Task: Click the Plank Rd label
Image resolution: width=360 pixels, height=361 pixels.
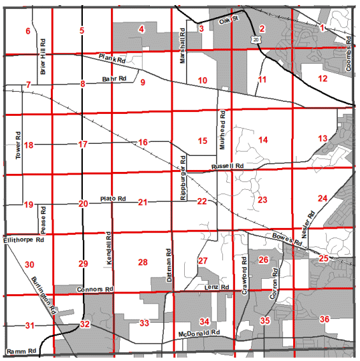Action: tap(112, 59)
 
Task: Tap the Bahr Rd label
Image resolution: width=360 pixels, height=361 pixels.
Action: tap(115, 80)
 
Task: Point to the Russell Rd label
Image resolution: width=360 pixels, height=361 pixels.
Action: tap(230, 166)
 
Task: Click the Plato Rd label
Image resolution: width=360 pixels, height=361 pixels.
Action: tap(113, 199)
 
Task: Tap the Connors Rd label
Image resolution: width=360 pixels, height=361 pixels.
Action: tap(94, 290)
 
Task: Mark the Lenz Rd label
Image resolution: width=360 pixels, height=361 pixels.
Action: tap(217, 288)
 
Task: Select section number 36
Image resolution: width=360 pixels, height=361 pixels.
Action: tap(324, 319)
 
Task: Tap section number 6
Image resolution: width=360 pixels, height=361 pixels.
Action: tap(27, 31)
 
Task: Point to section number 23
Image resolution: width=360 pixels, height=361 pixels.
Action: tap(263, 200)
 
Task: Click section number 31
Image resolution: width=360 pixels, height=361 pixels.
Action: tap(29, 326)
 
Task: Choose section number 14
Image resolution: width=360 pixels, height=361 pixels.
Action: tap(263, 139)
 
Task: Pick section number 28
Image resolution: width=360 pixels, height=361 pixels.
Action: tap(143, 262)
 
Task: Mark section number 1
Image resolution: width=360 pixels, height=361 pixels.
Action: tap(322, 27)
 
